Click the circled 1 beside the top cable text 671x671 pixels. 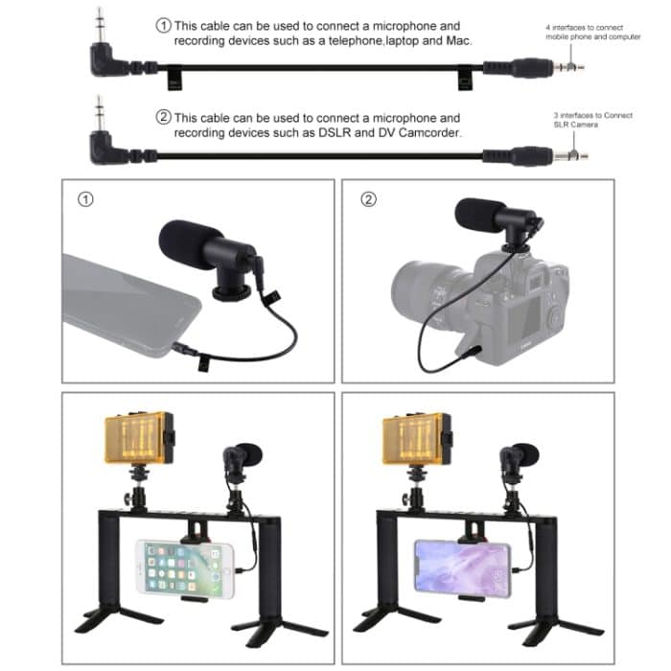163,25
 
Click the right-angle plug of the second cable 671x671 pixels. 103,144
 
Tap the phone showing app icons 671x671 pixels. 184,567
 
